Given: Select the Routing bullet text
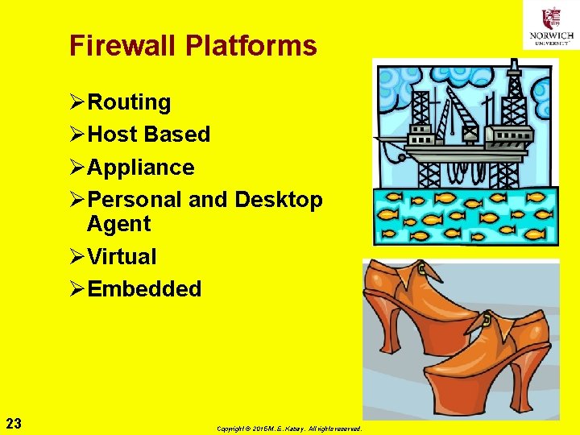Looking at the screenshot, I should coord(129,102).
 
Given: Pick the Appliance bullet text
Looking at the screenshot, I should coord(141,168).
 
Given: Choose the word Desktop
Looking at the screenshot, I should coord(279,200).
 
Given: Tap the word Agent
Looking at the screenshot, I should coord(118,224).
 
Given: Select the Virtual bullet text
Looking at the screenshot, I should coord(122,257).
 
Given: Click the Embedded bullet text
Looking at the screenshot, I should coord(144,289).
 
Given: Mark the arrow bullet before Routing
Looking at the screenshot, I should coord(77,102).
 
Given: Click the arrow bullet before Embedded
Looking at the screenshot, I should coord(77,289).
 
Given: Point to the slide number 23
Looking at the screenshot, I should coord(13,423).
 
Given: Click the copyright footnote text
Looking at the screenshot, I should coord(289,429).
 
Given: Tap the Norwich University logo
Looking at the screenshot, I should coord(551,25).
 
